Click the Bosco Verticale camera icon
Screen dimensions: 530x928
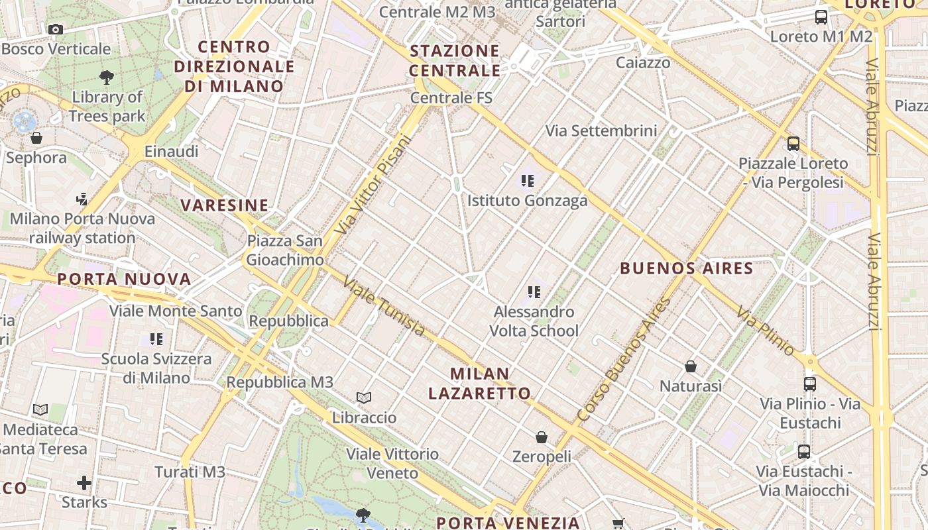tap(56, 29)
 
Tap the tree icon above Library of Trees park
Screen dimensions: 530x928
tap(106, 78)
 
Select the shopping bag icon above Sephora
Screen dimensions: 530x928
tap(36, 138)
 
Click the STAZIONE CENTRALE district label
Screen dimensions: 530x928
tap(455, 60)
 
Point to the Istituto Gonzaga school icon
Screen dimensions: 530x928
tap(528, 180)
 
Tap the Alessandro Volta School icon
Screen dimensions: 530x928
tap(534, 291)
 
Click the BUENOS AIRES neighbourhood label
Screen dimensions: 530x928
tap(686, 268)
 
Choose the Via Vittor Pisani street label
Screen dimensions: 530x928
tap(373, 184)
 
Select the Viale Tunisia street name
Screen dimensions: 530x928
tap(384, 305)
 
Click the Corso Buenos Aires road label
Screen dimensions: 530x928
tap(624, 360)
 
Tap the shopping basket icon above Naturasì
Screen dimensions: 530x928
tap(691, 366)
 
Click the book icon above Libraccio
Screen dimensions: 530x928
tap(364, 398)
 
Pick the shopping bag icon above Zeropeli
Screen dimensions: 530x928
tap(542, 437)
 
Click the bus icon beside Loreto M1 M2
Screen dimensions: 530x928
tap(821, 17)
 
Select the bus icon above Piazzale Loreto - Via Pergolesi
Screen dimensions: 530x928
tap(793, 143)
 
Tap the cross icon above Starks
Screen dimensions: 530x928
tap(84, 482)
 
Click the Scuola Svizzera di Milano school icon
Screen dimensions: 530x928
tap(156, 339)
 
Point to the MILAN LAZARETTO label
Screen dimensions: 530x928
tap(479, 383)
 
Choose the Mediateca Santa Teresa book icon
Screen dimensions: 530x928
tap(40, 409)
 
